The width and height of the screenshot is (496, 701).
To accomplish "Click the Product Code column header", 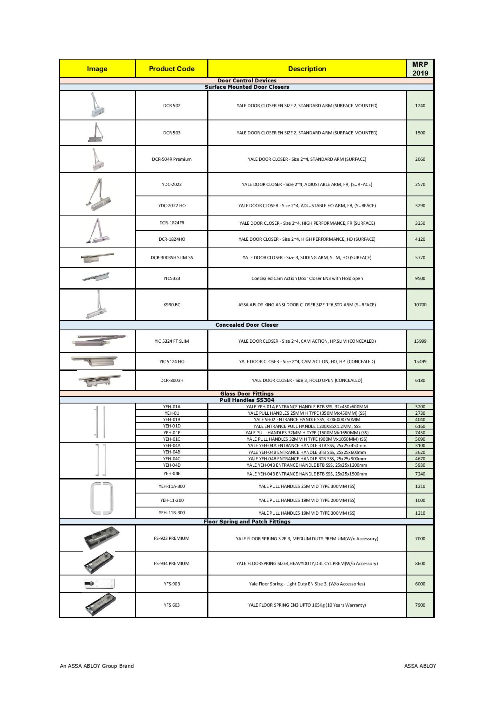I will (x=172, y=69).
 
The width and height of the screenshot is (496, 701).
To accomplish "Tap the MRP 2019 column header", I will (x=420, y=69).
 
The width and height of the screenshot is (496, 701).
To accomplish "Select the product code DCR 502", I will (x=172, y=106).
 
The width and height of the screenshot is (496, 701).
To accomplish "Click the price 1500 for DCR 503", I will (x=420, y=133).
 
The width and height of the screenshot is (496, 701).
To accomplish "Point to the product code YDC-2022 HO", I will (x=172, y=206).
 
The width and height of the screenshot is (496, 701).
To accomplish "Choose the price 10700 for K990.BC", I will (x=420, y=305).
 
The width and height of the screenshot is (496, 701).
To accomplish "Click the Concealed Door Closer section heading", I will (x=247, y=325).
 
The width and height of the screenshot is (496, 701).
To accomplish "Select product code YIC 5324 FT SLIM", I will (x=172, y=341).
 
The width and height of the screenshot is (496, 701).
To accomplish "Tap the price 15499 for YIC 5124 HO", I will (x=420, y=361).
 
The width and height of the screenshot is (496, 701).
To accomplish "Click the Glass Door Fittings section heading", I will (x=247, y=393).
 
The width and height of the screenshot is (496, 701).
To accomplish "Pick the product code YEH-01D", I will (x=172, y=426).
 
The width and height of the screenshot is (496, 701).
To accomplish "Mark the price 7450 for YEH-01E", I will (x=420, y=433).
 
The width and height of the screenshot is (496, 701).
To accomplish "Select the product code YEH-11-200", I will (x=172, y=500).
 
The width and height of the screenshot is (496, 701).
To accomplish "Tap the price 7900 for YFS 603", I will (x=420, y=605).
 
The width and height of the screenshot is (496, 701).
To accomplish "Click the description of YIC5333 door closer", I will (x=307, y=278).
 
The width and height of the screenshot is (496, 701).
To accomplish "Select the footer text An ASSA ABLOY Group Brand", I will (x=97, y=666).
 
